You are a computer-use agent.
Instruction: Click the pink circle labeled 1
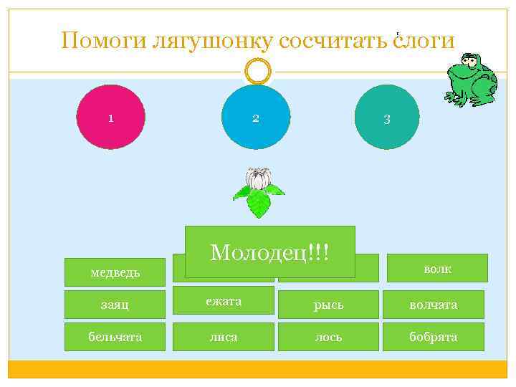tap(110, 117)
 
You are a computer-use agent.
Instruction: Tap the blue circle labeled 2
tap(256, 117)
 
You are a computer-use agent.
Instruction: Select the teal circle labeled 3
tap(387, 117)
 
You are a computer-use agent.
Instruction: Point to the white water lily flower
tap(258, 178)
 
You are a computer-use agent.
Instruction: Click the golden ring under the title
tap(257, 71)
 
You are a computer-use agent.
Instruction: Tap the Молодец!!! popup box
tap(269, 252)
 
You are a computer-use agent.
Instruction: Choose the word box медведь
tap(115, 272)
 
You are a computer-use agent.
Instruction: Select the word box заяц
tap(115, 305)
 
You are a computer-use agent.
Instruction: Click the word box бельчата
tap(115, 337)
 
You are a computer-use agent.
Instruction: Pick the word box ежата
tap(224, 301)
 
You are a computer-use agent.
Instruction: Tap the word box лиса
tap(224, 337)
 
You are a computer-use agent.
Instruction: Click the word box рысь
tap(328, 305)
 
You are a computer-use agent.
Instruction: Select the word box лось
tap(328, 337)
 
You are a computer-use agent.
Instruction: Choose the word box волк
tap(437, 268)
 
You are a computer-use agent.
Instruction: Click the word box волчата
tap(434, 305)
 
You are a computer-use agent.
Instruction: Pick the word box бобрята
tap(434, 337)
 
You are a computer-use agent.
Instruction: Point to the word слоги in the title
tap(422, 41)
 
